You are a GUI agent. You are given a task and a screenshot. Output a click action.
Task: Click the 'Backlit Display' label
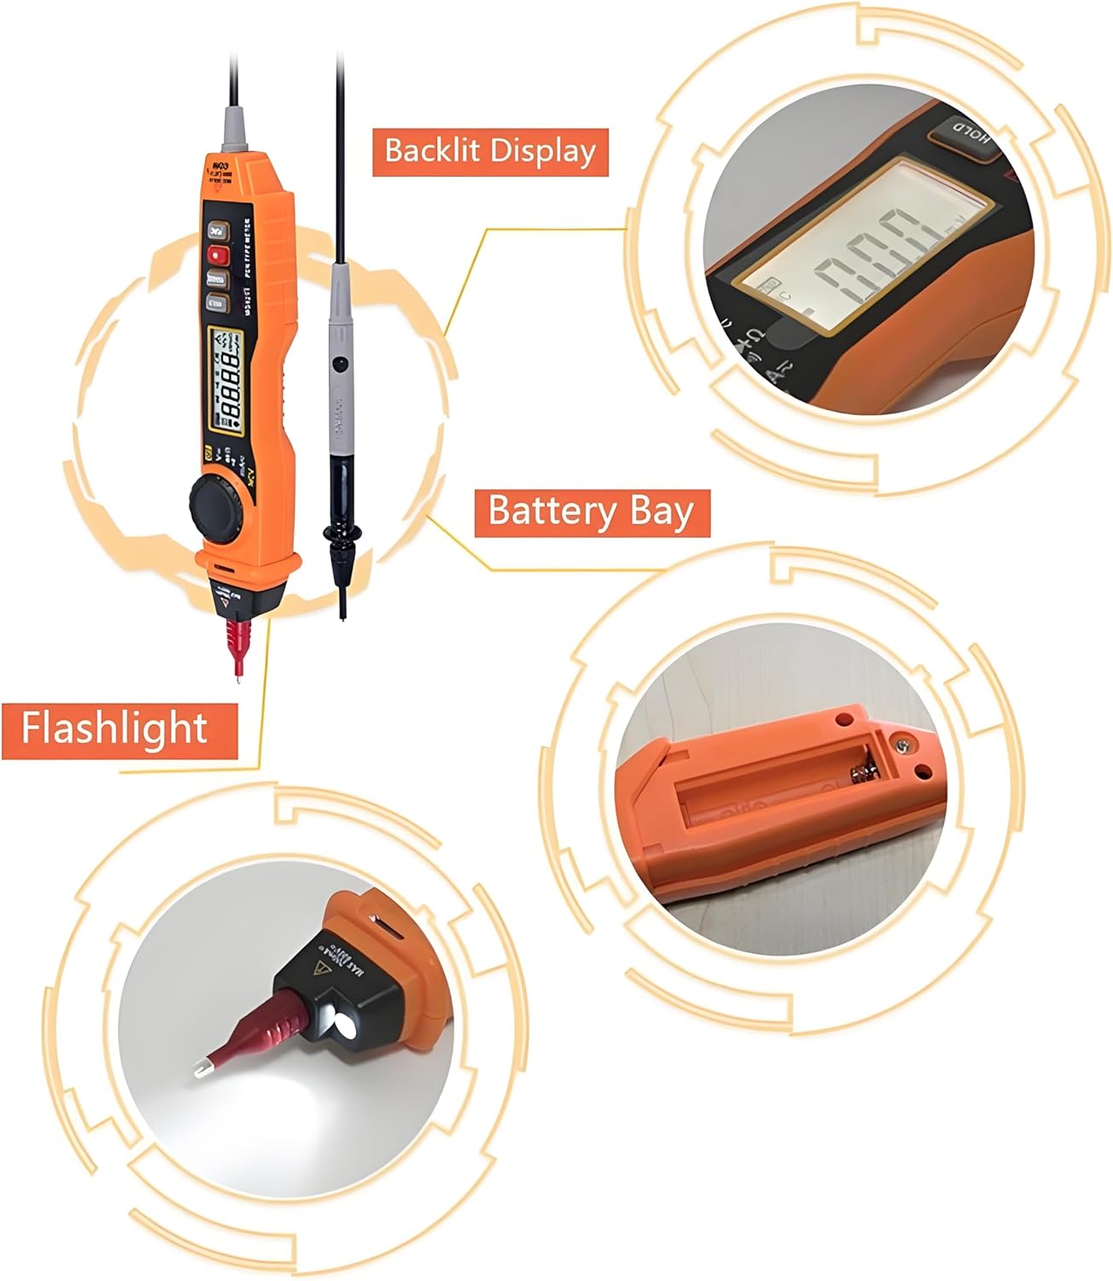click(x=489, y=152)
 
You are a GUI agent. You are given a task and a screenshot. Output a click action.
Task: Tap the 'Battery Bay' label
click(x=591, y=512)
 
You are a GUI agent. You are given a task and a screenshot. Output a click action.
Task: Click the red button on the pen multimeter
click(x=218, y=254)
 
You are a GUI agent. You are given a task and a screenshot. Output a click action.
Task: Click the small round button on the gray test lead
click(x=339, y=364)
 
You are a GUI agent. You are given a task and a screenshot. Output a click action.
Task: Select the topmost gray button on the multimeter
click(x=218, y=230)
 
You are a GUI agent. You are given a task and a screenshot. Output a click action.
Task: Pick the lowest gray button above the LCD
click(x=218, y=301)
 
